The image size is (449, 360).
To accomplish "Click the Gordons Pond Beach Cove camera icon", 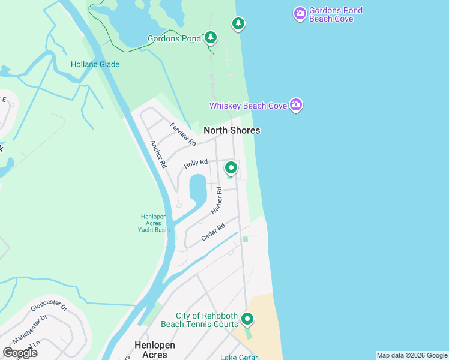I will (x=300, y=13).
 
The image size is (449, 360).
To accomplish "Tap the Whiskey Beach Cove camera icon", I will (x=295, y=105).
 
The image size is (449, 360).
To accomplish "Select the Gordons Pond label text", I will (x=175, y=39).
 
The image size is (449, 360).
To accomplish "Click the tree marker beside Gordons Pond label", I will (x=210, y=38).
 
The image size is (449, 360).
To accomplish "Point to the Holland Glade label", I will (x=95, y=64).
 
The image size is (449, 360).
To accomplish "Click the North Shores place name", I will (x=232, y=130).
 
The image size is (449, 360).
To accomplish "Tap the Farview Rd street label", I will (x=183, y=134).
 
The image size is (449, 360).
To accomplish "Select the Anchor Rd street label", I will (x=158, y=154).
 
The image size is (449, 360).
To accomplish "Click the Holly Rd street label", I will (x=196, y=163).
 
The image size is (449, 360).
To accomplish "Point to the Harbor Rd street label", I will (x=217, y=200).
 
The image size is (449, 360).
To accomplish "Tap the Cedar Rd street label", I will (x=213, y=232).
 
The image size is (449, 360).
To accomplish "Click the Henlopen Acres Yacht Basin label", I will (x=155, y=223).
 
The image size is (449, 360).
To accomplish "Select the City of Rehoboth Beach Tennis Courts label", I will (x=207, y=320).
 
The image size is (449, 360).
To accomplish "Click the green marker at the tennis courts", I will (x=247, y=319).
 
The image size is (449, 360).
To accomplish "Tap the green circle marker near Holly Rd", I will (x=231, y=167).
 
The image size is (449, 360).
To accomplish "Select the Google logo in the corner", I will (x=20, y=353).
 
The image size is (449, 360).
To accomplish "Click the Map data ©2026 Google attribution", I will (x=412, y=355).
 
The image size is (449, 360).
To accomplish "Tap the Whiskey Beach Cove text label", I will (x=248, y=106).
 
